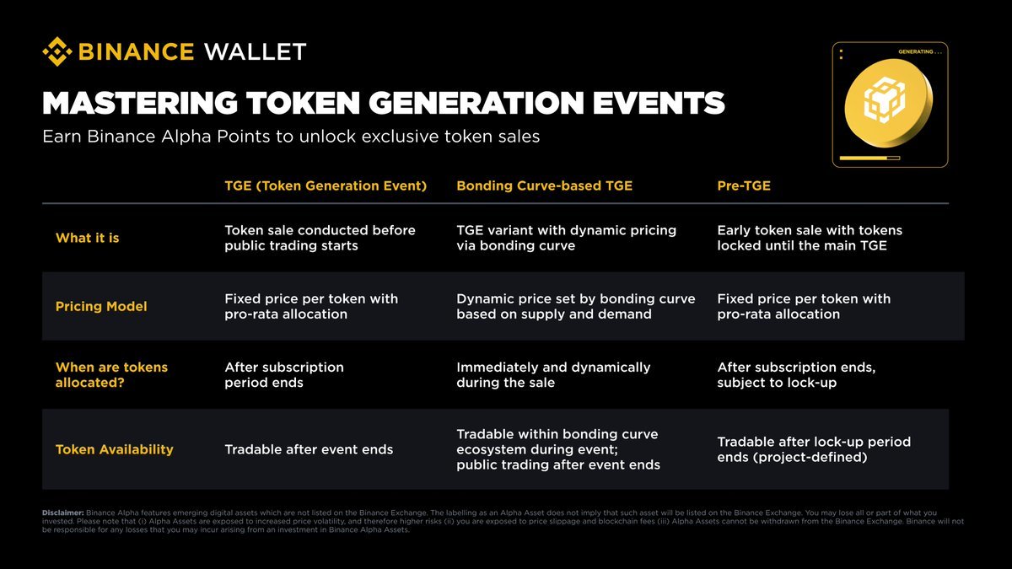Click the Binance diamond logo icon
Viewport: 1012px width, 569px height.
tap(57, 51)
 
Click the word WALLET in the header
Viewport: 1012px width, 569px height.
tap(256, 52)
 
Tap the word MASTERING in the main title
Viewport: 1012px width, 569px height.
tap(140, 103)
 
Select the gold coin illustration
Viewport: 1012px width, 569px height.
tap(888, 104)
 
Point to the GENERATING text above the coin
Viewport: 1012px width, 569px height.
tap(920, 52)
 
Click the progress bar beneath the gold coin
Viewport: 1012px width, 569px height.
tap(869, 158)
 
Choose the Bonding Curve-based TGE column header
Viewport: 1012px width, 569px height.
tap(545, 185)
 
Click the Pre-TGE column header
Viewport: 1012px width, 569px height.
tap(744, 185)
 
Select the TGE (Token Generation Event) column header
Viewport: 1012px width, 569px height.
tap(326, 185)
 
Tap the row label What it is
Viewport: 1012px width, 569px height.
tap(87, 238)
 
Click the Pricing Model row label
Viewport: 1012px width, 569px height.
tap(101, 307)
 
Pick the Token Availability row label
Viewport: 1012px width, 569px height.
tap(115, 449)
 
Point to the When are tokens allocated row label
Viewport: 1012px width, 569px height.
tap(111, 375)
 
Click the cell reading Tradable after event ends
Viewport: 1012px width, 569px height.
tap(309, 449)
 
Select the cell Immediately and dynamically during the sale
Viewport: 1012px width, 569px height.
tap(553, 375)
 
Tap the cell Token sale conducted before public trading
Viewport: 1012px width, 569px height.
tap(320, 238)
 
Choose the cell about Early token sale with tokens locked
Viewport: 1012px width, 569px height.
tap(810, 238)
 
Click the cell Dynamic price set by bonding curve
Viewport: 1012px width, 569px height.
tap(575, 307)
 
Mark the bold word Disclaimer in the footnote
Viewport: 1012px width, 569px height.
tap(63, 513)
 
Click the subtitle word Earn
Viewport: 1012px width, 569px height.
tap(62, 137)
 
